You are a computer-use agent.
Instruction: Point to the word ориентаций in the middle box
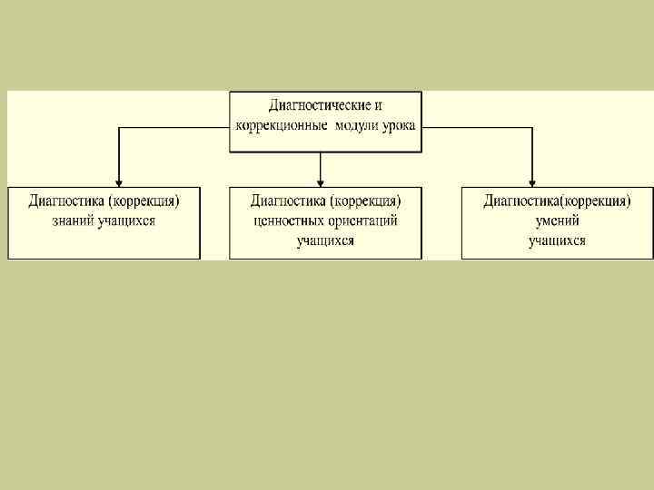[x=364, y=220]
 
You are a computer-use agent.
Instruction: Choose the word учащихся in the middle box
[x=325, y=240]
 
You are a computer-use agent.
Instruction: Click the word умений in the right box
[x=557, y=220]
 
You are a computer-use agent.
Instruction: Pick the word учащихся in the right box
[x=557, y=240]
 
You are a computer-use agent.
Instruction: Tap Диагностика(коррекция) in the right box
[x=557, y=201]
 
